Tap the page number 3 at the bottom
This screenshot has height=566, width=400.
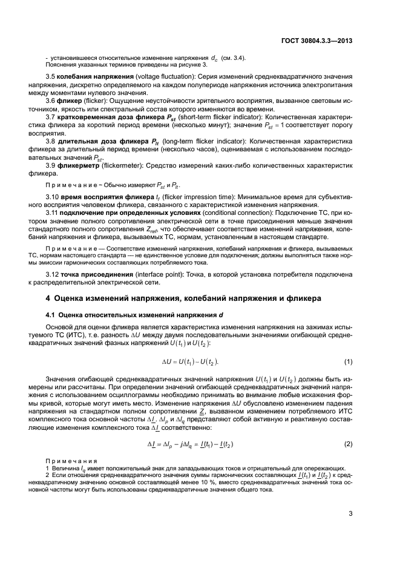(350, 516)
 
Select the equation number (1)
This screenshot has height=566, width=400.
(348, 362)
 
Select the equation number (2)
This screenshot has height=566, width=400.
(348, 444)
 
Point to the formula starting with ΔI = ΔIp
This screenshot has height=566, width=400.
(191, 444)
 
